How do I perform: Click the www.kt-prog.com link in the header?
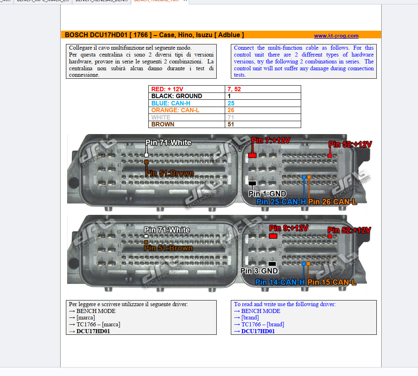click(336, 36)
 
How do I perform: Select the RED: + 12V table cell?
click(167, 89)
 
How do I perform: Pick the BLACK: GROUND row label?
click(176, 96)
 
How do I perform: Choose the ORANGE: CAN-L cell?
click(175, 110)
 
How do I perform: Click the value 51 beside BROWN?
click(231, 124)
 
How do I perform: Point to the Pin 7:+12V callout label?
click(270, 141)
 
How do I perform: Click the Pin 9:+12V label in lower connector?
click(288, 228)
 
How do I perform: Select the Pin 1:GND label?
click(267, 194)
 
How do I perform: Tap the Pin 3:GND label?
click(259, 271)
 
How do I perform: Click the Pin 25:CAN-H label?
click(281, 202)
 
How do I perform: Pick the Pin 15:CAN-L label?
click(331, 282)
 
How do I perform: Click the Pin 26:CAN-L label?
click(332, 202)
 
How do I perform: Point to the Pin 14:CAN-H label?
click(280, 282)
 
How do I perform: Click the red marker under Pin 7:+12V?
click(252, 155)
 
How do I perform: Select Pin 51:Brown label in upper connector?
click(169, 173)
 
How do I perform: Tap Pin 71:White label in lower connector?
click(167, 230)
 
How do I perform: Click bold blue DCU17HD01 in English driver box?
click(258, 331)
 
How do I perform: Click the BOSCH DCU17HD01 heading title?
click(154, 35)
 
